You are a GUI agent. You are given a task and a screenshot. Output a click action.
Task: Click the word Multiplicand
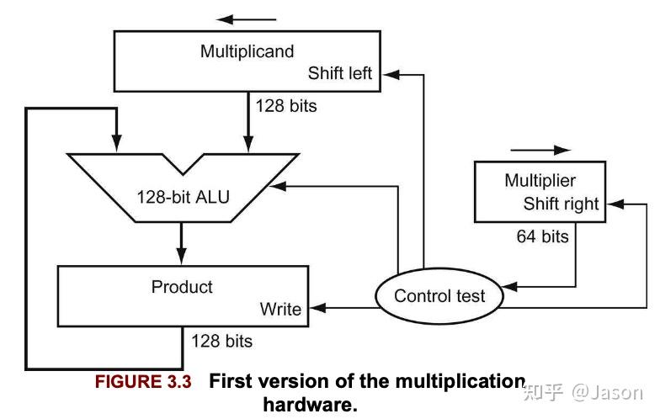pos(247,51)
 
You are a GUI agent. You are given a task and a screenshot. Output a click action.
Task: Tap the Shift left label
pos(340,73)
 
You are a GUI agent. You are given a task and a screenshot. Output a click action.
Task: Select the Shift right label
pos(561,204)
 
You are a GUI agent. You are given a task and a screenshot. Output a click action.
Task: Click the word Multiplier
pos(540,180)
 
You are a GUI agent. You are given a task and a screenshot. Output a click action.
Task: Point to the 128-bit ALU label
pos(184,197)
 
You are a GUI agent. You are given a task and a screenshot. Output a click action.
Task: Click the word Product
pos(182,287)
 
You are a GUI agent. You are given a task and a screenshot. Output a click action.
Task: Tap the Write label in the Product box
pos(280,310)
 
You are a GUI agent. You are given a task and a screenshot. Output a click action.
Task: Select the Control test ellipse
pos(439,296)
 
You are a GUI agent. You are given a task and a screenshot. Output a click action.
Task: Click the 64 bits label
pos(542,236)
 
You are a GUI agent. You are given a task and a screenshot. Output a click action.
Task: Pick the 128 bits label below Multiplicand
pos(286,106)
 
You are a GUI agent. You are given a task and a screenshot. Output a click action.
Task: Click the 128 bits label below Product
pos(222,341)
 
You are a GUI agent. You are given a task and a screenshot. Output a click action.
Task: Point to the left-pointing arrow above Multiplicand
pos(246,19)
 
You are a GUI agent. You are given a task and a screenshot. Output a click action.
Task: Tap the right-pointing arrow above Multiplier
pos(540,150)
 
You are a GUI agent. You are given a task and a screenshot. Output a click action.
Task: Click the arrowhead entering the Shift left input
pos(391,75)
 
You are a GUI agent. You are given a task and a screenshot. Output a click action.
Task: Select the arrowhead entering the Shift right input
pos(615,204)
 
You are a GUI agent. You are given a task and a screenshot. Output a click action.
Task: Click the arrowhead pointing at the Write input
pos(318,308)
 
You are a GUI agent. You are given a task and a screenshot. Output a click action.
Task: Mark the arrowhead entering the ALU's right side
pos(278,186)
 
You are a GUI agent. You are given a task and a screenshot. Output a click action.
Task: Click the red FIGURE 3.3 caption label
pos(143,382)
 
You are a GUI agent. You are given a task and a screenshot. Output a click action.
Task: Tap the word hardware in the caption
pos(310,405)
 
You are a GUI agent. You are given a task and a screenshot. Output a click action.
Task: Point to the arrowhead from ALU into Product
pos(182,256)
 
